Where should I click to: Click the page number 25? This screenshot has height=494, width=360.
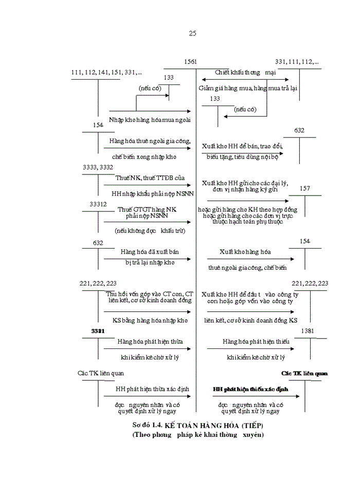(x=192, y=33)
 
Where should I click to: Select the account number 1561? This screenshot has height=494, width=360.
(x=190, y=62)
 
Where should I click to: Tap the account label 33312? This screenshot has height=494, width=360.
(x=98, y=204)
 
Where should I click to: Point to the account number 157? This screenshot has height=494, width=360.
(x=304, y=189)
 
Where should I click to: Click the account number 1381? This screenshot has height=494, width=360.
(x=308, y=331)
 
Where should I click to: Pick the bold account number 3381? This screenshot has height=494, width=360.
(x=98, y=331)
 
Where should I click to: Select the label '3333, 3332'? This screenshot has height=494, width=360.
(x=98, y=167)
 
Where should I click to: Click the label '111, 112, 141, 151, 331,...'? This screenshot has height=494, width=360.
(x=106, y=73)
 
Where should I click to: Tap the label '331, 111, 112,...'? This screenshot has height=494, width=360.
(x=297, y=62)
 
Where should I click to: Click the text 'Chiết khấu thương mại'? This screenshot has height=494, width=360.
(x=245, y=73)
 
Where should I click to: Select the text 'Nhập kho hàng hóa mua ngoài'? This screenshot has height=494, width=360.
(x=150, y=119)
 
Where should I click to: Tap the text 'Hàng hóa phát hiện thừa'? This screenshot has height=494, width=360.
(x=150, y=342)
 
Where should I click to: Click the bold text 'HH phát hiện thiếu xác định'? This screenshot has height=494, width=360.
(x=250, y=390)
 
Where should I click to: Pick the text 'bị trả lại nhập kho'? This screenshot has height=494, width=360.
(x=150, y=262)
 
